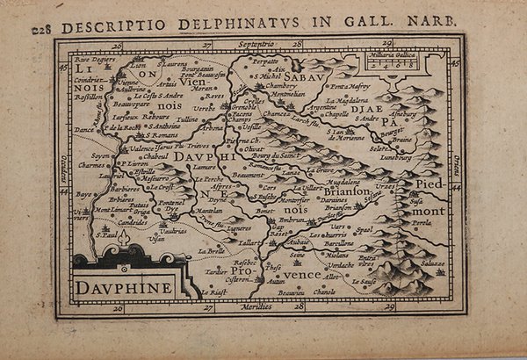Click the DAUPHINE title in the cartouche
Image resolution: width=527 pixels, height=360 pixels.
tap(123, 286)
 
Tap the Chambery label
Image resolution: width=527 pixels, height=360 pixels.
tap(280, 86)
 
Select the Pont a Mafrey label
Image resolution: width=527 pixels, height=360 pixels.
tap(345, 86)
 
